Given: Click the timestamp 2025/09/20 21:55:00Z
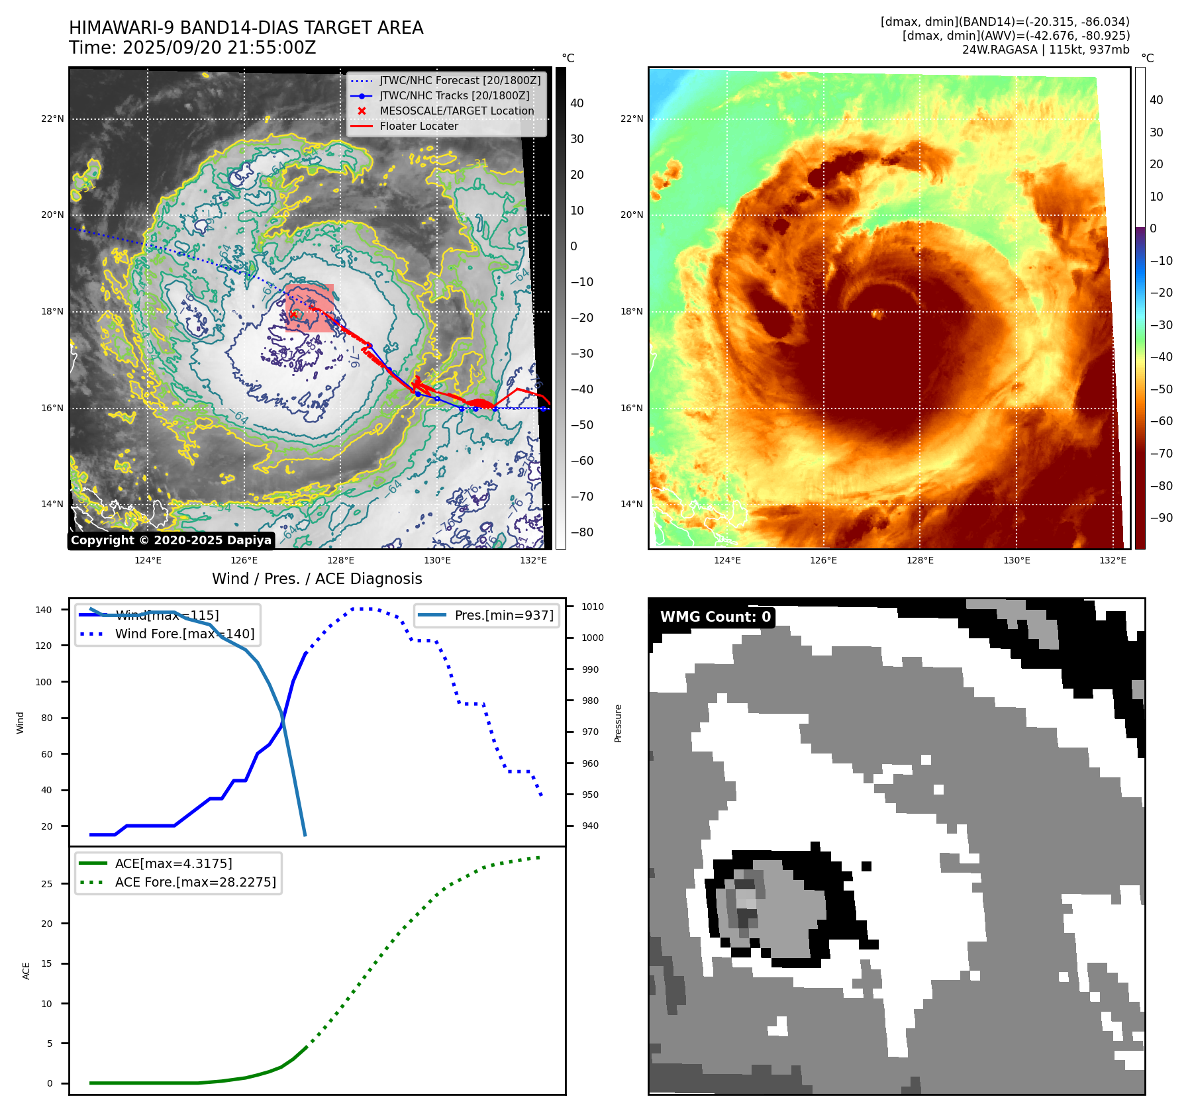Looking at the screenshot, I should click(219, 48).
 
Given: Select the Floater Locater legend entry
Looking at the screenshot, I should click(419, 126).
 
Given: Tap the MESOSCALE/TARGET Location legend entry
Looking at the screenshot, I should click(456, 111).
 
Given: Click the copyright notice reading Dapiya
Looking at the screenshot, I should click(171, 540).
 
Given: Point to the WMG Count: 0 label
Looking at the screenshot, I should click(715, 617).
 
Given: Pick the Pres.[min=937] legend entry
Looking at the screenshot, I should click(503, 615).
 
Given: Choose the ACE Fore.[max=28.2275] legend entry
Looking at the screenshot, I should click(195, 883).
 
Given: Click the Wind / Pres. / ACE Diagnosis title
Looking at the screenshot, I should click(317, 579).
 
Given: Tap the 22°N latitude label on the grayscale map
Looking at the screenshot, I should click(52, 119).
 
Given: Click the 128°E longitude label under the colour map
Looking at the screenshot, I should click(920, 560).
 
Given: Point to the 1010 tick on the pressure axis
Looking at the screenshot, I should click(593, 607).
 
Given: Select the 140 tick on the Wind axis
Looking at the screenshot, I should click(44, 610).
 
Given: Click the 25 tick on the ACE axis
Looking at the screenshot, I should click(46, 884).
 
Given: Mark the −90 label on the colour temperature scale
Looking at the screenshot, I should click(1161, 518).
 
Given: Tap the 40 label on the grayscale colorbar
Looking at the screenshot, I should click(577, 103).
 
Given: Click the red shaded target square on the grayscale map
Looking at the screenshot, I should click(310, 308).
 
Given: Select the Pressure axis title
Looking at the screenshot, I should click(618, 723).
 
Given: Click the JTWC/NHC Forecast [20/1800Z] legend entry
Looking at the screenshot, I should click(460, 81).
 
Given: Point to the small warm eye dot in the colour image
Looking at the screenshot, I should click(878, 314).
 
